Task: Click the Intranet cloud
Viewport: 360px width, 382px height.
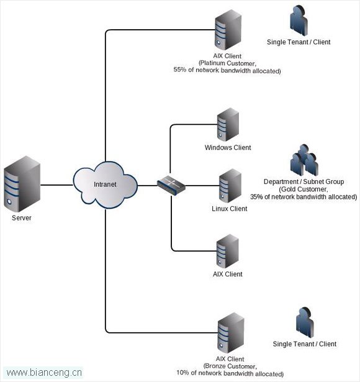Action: [x=106, y=184]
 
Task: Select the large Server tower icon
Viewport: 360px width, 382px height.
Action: [x=22, y=184]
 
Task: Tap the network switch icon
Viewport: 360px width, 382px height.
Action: [x=171, y=185]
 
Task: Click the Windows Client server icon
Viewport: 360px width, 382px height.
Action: [x=228, y=124]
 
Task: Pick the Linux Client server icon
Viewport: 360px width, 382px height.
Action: [x=230, y=186]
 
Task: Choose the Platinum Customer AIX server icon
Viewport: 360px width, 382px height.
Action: [x=228, y=30]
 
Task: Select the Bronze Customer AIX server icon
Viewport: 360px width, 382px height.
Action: [x=231, y=333]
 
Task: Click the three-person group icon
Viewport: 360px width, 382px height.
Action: [x=304, y=160]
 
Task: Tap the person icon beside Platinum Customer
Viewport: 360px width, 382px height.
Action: [x=299, y=20]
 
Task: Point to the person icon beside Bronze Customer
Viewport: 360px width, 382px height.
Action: [x=305, y=322]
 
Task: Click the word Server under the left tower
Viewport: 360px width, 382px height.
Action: [x=22, y=218]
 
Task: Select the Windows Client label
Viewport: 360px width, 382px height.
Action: [x=228, y=147]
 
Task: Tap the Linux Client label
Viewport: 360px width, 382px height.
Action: [x=230, y=209]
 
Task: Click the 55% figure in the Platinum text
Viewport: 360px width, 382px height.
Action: [x=180, y=70]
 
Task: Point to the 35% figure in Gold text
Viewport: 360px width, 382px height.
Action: [x=256, y=197]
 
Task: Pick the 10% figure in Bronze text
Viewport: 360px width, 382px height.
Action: [x=183, y=373]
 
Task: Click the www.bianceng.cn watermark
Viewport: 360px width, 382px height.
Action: [x=44, y=373]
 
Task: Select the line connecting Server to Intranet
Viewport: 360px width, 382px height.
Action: [x=56, y=185]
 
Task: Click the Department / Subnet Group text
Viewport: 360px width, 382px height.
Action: [x=304, y=181]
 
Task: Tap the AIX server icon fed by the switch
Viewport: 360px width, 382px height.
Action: [x=228, y=251]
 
